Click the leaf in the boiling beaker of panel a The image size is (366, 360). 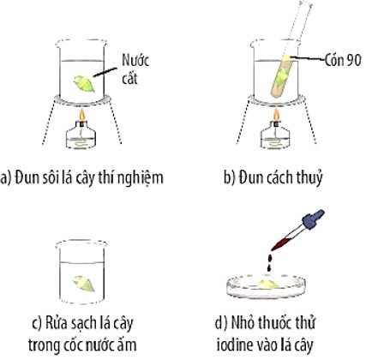[x=84, y=84]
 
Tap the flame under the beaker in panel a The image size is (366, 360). [x=82, y=115]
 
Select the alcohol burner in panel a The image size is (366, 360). [x=82, y=135]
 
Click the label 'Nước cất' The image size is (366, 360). [x=135, y=69]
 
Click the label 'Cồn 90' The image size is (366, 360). [x=343, y=60]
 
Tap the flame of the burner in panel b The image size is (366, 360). [x=276, y=115]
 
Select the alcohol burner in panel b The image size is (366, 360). [x=276, y=135]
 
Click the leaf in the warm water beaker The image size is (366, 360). [x=83, y=284]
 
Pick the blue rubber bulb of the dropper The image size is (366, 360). [x=313, y=219]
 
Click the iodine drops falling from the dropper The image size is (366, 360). [x=269, y=264]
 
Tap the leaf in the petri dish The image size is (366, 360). [x=267, y=284]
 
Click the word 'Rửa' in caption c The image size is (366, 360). [x=56, y=323]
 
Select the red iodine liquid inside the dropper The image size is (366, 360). [x=281, y=242]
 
